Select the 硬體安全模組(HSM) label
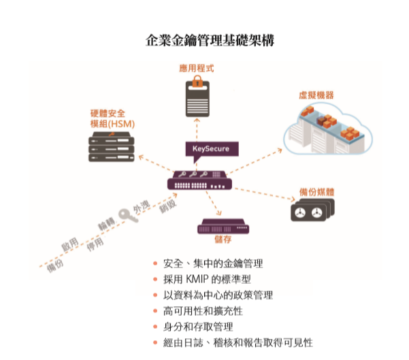(112, 118)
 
